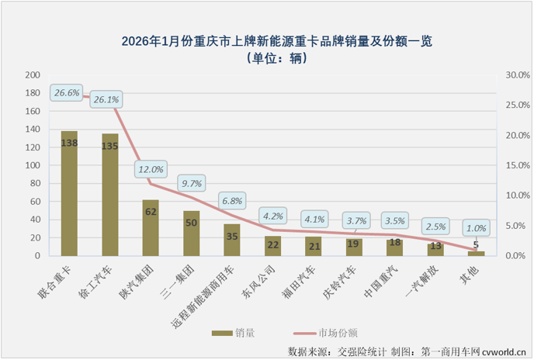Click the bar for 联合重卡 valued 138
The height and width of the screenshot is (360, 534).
click(69, 194)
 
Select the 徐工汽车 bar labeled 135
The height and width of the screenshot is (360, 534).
click(110, 196)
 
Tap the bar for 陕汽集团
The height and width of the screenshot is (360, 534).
click(151, 228)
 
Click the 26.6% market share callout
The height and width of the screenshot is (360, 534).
click(67, 93)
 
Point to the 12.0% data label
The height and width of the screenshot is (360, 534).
click(151, 169)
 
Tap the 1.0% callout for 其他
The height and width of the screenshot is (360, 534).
click(476, 229)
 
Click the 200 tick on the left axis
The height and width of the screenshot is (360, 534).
click(33, 75)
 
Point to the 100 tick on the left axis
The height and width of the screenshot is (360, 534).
click(33, 166)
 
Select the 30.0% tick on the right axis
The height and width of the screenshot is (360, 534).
click(515, 75)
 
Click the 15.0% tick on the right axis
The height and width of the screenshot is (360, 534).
click(515, 166)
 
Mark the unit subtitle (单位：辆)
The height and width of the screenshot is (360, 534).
click(266, 58)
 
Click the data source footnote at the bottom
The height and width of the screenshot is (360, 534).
click(407, 351)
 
